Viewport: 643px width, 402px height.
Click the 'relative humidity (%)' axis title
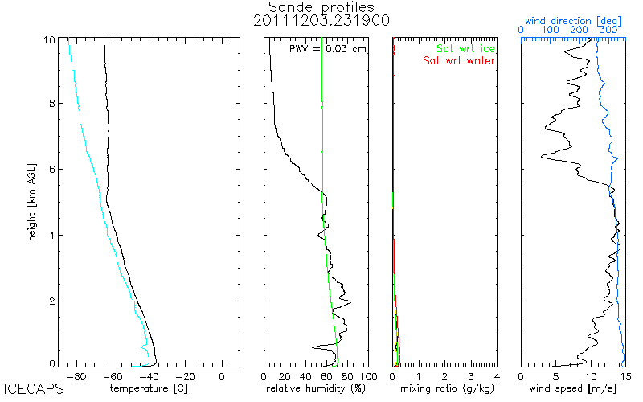point(316,389)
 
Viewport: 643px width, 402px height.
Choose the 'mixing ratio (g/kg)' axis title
point(445,389)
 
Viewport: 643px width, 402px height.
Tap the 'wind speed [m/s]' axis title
point(573,389)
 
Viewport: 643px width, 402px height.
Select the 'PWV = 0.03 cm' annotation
point(328,49)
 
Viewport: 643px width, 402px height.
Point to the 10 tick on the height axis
point(50,39)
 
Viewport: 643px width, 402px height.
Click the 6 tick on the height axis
point(53,170)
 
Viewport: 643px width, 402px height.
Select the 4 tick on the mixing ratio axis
point(497,375)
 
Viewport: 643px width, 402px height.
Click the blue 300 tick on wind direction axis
point(609,30)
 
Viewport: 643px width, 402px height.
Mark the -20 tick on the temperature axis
point(185,375)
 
